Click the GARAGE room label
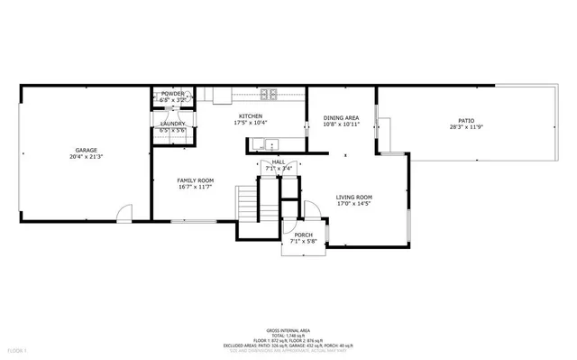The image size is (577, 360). (x=86, y=151)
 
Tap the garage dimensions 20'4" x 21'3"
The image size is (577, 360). (x=86, y=157)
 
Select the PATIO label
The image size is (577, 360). (x=465, y=120)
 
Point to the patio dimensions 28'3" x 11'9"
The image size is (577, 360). (x=465, y=127)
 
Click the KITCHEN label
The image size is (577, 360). (x=250, y=116)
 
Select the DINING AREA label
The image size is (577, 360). (x=342, y=117)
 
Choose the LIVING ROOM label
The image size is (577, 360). (x=354, y=197)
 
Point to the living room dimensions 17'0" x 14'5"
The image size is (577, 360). (x=354, y=204)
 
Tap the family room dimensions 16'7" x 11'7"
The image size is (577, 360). (x=195, y=187)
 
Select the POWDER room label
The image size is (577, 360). (x=173, y=94)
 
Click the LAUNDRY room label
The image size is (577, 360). (x=173, y=124)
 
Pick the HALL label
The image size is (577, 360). (x=279, y=162)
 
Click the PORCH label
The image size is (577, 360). (x=303, y=235)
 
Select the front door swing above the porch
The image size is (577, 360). (x=311, y=210)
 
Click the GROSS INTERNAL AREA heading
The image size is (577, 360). (x=288, y=330)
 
